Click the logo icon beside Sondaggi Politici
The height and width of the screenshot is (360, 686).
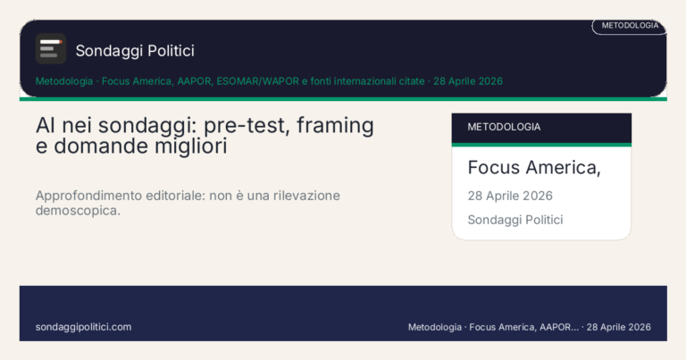pyautogui.click(x=51, y=49)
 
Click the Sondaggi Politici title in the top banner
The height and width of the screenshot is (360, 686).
pyautogui.click(x=135, y=51)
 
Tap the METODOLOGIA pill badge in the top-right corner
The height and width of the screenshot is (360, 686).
pyautogui.click(x=630, y=26)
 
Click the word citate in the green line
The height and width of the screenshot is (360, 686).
pyautogui.click(x=412, y=81)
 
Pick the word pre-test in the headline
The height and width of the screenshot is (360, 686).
pyautogui.click(x=246, y=126)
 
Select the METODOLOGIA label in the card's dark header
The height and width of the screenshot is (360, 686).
pyautogui.click(x=504, y=127)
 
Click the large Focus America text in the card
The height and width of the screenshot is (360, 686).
pyautogui.click(x=533, y=167)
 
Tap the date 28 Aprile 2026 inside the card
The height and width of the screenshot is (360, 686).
pyautogui.click(x=510, y=196)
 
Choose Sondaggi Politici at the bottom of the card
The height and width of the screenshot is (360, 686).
pyautogui.click(x=515, y=220)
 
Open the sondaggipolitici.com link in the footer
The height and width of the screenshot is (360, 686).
pyautogui.click(x=83, y=327)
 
